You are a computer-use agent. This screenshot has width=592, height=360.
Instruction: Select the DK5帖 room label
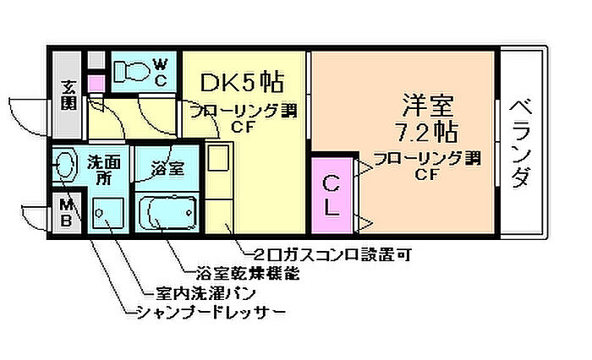[241, 84]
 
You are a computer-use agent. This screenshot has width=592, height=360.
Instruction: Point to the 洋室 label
[427, 107]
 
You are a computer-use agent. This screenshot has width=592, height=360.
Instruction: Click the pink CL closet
[332, 195]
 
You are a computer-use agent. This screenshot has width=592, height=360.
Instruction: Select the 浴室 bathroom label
[167, 168]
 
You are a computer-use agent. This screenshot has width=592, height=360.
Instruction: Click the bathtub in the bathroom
[167, 214]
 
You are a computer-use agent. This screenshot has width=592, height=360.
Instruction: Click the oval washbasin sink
[65, 166]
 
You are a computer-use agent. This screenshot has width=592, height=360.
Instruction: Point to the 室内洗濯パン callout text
[206, 293]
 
